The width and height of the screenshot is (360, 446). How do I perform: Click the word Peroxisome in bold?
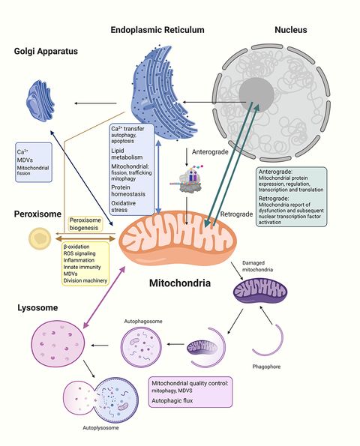(38, 215)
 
